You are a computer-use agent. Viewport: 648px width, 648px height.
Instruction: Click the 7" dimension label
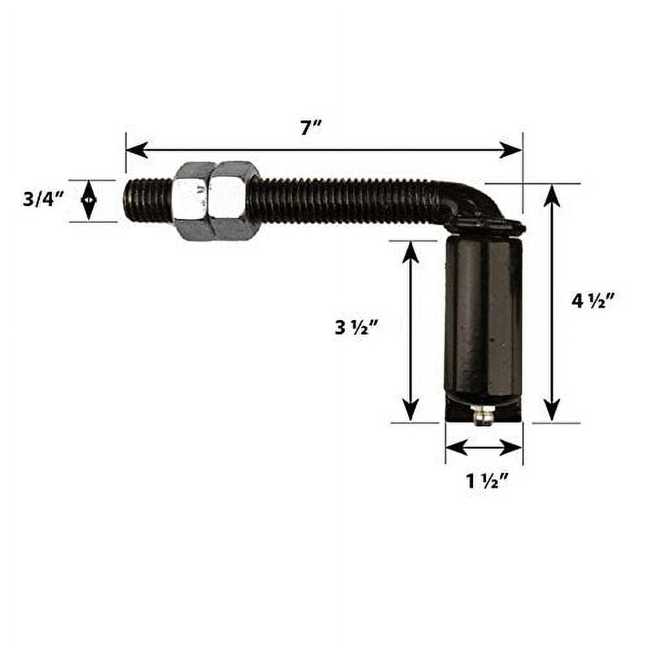[x=311, y=128]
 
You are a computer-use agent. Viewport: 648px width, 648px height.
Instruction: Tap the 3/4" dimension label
[x=43, y=199]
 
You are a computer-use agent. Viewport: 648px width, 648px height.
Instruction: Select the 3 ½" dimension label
[x=356, y=328]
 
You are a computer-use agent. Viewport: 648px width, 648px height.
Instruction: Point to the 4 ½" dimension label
[x=593, y=301]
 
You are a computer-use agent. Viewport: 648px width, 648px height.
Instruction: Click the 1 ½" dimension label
[x=487, y=481]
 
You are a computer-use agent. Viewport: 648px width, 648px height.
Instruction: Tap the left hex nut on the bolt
[x=193, y=201]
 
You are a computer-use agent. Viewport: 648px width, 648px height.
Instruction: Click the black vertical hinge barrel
[x=483, y=321]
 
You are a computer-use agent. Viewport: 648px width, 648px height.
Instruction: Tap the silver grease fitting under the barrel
[x=480, y=414]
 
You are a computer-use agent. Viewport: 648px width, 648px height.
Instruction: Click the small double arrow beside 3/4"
[x=89, y=200]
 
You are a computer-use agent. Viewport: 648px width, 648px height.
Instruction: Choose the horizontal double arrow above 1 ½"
[x=484, y=447]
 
